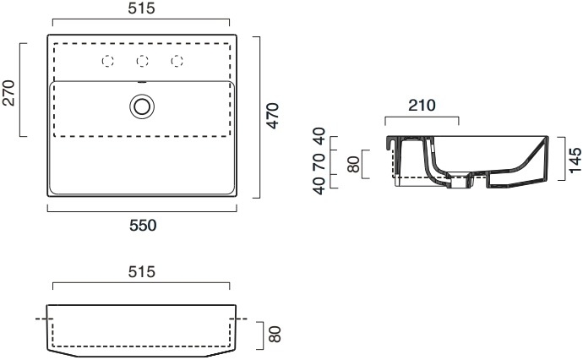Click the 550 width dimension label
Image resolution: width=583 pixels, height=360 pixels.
(x=143, y=226)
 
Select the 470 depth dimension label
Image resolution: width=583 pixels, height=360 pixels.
(x=273, y=116)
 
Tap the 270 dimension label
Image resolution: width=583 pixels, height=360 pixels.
(x=8, y=93)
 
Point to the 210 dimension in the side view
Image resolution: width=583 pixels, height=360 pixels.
(x=422, y=106)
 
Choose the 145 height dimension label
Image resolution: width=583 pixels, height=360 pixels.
(x=575, y=161)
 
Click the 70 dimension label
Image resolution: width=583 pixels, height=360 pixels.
(x=319, y=162)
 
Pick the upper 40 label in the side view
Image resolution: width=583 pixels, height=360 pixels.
(x=319, y=136)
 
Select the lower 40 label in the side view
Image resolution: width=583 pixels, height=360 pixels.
(x=319, y=186)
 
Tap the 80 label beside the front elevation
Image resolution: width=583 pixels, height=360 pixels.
(x=275, y=334)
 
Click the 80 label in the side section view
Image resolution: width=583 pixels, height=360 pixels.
(x=353, y=164)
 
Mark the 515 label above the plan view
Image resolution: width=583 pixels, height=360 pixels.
(x=141, y=8)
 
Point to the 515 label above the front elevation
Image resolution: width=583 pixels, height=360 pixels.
(x=141, y=272)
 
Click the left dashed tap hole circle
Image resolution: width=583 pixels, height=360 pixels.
(x=108, y=61)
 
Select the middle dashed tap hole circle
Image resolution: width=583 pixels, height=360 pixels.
(x=143, y=61)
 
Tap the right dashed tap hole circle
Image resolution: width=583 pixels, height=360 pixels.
(x=177, y=61)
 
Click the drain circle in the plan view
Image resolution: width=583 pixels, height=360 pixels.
(x=142, y=106)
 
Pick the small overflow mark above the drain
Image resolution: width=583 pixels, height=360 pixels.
(x=142, y=82)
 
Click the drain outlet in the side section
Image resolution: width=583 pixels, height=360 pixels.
(x=461, y=181)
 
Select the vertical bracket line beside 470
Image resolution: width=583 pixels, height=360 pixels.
(x=259, y=117)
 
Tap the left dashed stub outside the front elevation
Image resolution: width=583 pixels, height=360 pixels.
(x=45, y=319)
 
